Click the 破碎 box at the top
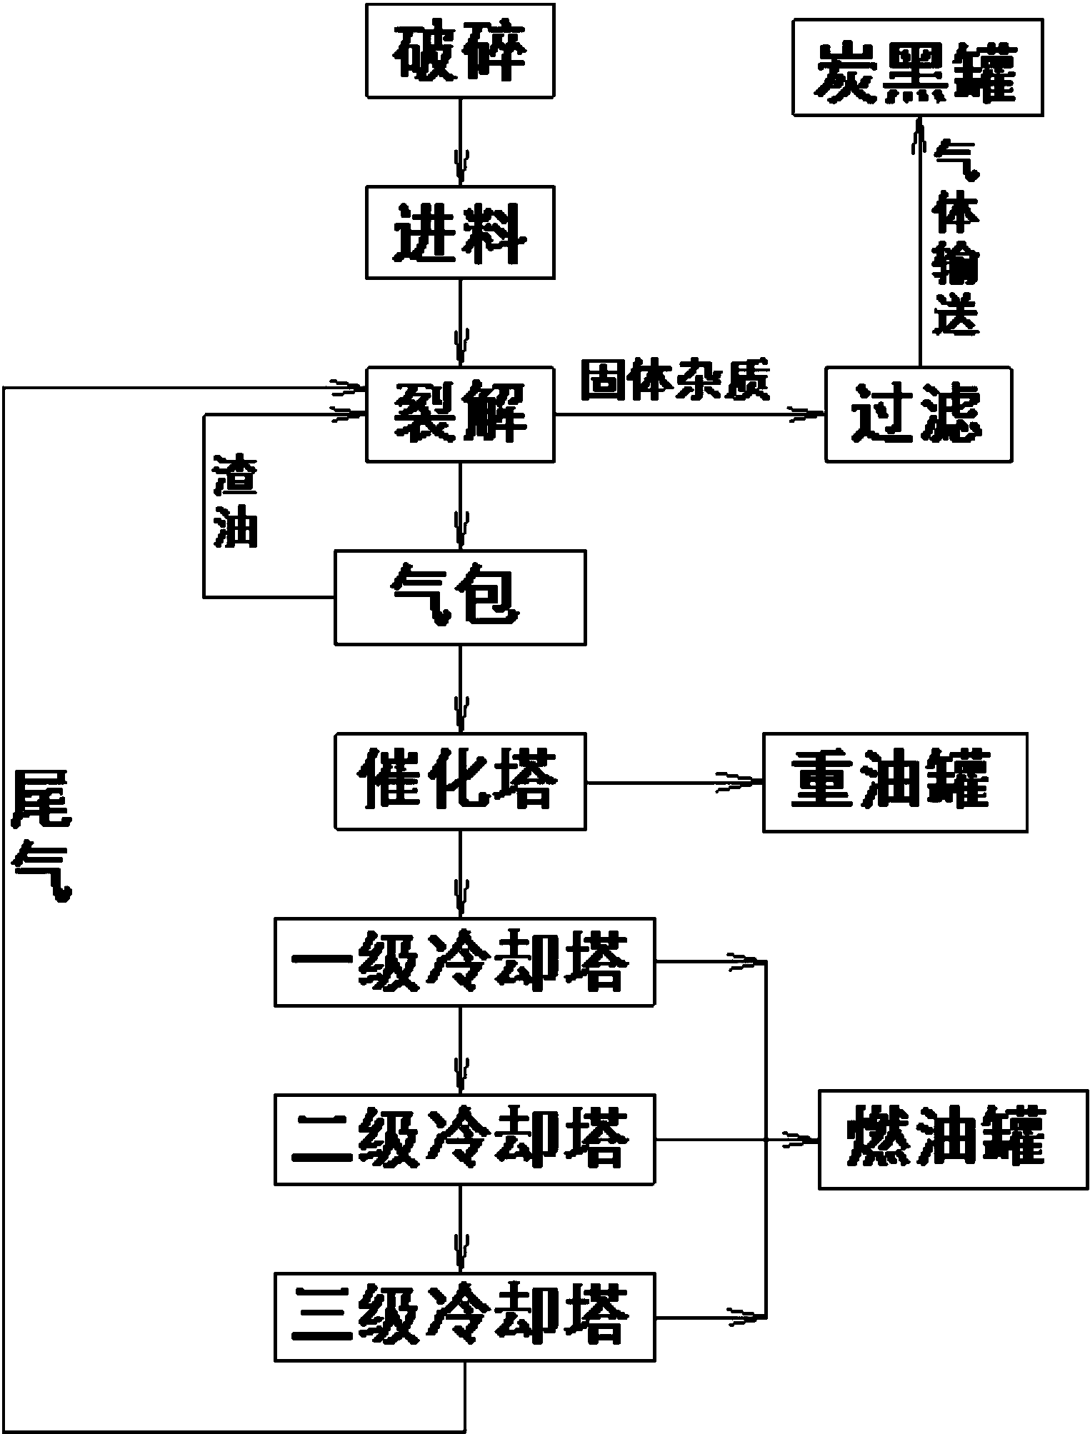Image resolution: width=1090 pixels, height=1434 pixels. [460, 51]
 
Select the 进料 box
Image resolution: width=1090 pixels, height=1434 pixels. [460, 232]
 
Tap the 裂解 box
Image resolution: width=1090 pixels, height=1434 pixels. [460, 414]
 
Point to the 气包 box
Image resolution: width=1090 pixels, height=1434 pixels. [460, 597]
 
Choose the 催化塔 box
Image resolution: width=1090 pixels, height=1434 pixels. [460, 781]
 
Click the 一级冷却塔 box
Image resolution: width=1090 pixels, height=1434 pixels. [464, 963]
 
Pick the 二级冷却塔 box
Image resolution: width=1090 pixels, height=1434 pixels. [464, 1140]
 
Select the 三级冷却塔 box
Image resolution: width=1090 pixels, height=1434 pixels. [464, 1316]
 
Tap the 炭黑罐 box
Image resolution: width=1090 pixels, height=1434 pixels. [917, 68]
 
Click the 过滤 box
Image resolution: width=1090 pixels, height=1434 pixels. [918, 414]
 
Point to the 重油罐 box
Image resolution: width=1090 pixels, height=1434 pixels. [895, 782]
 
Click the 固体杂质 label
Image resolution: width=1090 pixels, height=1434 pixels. [675, 381]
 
